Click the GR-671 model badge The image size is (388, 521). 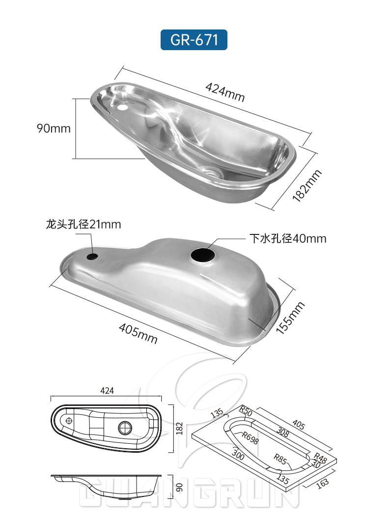click(194, 39)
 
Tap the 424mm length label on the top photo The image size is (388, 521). click(224, 91)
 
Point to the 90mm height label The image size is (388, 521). click(54, 129)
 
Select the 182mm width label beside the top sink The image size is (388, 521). click(307, 185)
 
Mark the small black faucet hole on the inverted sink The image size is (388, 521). click(92, 256)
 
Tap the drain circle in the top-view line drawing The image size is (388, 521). click(125, 427)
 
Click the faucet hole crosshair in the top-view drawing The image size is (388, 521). click(69, 421)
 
